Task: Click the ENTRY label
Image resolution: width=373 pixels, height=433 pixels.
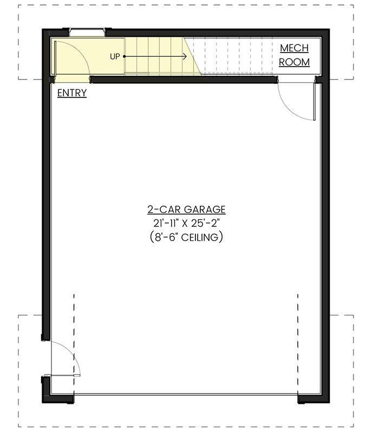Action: point(71,93)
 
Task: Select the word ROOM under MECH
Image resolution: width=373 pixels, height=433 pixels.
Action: point(294,62)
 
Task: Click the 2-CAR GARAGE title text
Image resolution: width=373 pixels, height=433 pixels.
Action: point(186,209)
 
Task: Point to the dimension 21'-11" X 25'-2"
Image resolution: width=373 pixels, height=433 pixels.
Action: point(186,223)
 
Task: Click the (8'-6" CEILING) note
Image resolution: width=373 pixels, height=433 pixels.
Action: point(186,237)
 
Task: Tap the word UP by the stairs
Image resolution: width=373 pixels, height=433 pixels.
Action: point(115,56)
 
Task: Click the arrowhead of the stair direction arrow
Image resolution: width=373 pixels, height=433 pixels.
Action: point(185,56)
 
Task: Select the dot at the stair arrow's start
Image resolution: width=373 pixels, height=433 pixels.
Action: point(125,56)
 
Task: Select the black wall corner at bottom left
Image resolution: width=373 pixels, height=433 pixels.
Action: point(54,398)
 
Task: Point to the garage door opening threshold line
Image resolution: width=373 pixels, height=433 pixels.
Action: point(186,395)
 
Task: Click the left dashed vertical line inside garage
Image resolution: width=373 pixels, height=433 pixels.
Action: point(74,341)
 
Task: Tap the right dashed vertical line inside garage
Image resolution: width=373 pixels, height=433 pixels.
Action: point(298,341)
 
